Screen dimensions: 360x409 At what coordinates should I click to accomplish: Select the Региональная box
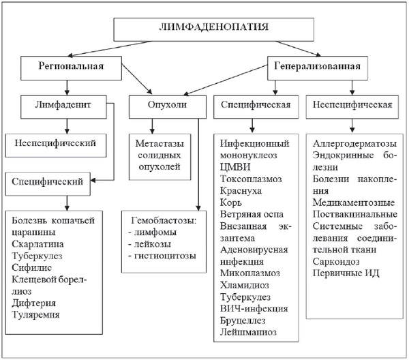(x=69, y=67)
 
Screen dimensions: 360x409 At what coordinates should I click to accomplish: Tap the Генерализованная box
(x=316, y=67)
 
